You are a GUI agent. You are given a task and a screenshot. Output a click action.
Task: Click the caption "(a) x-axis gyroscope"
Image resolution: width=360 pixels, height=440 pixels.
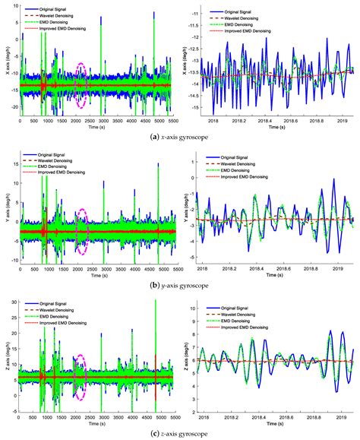179,137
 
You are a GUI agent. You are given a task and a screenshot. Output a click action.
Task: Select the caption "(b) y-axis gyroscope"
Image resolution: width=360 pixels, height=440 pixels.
179,284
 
